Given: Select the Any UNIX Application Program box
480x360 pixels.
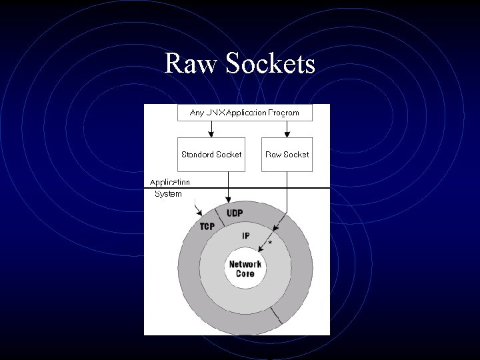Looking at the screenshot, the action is [245, 113].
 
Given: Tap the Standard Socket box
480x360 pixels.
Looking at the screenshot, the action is [211, 154].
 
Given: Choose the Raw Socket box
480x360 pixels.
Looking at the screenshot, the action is [287, 154].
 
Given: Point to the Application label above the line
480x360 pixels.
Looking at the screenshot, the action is [169, 181].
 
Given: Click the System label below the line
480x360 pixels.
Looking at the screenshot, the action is [168, 194].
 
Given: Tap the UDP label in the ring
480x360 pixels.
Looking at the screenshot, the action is [235, 213].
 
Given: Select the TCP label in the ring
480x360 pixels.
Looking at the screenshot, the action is [207, 227].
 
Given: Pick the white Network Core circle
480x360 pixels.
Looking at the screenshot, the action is [245, 269].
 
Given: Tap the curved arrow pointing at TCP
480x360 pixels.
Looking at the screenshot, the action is [197, 209].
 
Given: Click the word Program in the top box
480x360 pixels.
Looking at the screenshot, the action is [283, 113].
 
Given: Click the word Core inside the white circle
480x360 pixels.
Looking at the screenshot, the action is [245, 274].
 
